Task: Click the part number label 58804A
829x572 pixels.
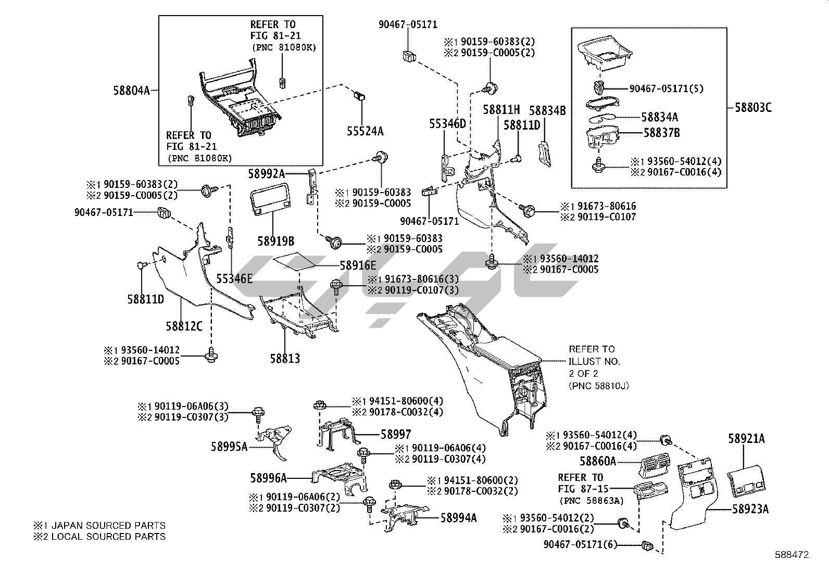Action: (131, 91)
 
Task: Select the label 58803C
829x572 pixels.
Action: (753, 108)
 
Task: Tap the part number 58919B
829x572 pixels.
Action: (275, 241)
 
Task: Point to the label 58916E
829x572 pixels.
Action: (358, 265)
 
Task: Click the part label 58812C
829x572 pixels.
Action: (184, 326)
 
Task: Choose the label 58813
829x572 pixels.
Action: (285, 358)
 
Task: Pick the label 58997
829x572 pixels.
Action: (396, 434)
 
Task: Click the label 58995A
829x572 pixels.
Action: (229, 446)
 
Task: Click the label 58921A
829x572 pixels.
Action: (746, 439)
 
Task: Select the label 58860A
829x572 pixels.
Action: (598, 461)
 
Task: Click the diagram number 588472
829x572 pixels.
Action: (792, 555)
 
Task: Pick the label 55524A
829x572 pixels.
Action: (365, 131)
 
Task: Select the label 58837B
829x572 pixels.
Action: (661, 133)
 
